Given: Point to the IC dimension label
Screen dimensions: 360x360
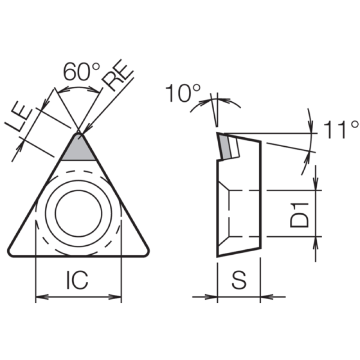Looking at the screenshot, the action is point(77,280).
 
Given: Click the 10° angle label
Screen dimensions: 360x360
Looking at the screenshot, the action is point(183,93).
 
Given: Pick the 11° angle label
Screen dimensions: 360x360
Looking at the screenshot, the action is point(341,130).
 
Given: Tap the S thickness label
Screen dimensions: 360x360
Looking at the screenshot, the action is point(239,280).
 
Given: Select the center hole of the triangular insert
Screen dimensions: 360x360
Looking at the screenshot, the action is point(78,213).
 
